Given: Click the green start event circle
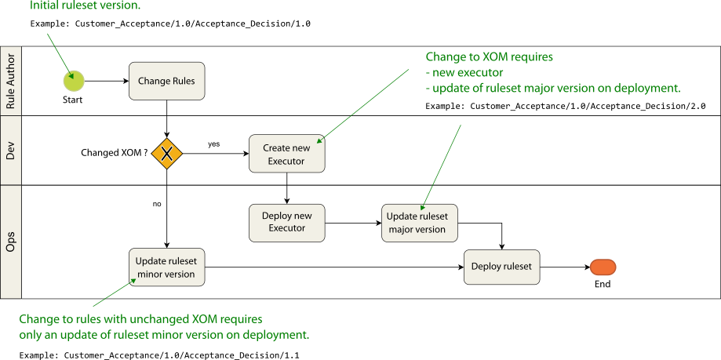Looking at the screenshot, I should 74,80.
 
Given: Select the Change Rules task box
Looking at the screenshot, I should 166,81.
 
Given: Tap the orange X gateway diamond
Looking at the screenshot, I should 166,154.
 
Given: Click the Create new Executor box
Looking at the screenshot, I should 286,154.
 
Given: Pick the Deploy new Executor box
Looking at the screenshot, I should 286,222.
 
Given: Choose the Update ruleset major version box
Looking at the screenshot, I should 420,223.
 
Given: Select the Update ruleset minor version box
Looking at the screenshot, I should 166,267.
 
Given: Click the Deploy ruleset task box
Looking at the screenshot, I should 501,267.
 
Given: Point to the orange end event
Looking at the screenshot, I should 603,267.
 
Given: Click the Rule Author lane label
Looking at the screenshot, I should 11,81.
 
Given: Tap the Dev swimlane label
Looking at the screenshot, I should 11,151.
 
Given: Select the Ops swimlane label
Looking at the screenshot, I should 11,242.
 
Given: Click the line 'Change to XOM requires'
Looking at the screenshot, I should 489,57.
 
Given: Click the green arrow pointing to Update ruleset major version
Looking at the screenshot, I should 442,165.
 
